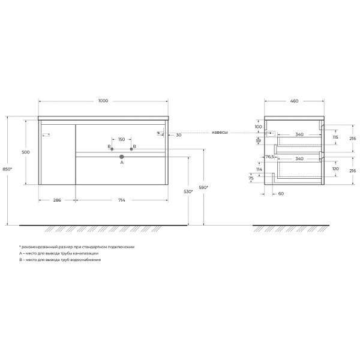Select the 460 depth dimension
point(294,101)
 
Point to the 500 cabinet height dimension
point(25,152)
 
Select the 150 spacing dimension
point(121,139)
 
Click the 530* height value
point(188,192)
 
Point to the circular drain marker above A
point(122,156)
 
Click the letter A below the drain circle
point(122,163)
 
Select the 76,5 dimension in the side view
point(269,157)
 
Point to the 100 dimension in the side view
point(257,127)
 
